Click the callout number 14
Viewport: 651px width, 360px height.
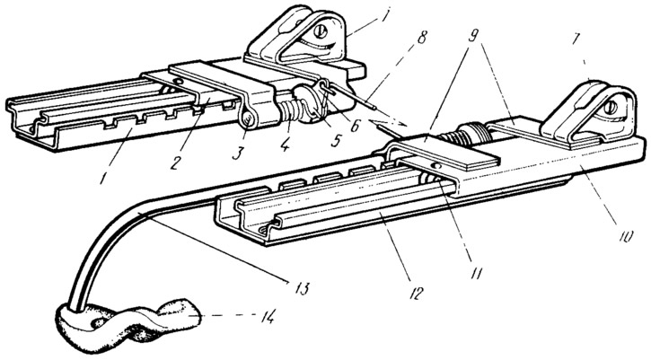pyautogui.click(x=265, y=318)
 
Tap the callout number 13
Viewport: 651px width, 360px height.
pyautogui.click(x=302, y=287)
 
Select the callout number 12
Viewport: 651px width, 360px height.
pyautogui.click(x=416, y=292)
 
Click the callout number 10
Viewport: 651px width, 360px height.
pyautogui.click(x=626, y=235)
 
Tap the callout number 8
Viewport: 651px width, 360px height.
pyautogui.click(x=421, y=37)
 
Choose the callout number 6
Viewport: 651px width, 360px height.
pyautogui.click(x=355, y=125)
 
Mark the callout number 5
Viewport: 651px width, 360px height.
pyautogui.click(x=335, y=140)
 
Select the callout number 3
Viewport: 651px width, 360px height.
pyautogui.click(x=236, y=154)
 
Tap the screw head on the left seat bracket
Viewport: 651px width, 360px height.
pyautogui.click(x=320, y=31)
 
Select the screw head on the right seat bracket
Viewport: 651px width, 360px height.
pyautogui.click(x=612, y=108)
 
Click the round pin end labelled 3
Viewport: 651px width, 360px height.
pyautogui.click(x=248, y=122)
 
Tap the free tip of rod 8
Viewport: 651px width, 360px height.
pyautogui.click(x=374, y=110)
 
